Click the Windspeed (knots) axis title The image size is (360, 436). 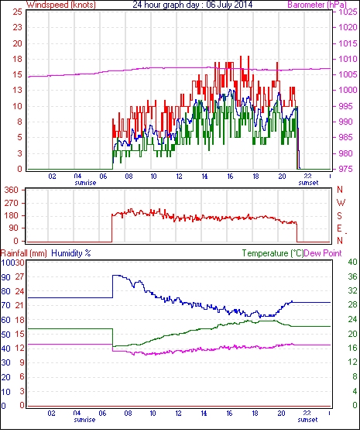click(61, 5)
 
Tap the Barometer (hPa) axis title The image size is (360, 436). click(317, 5)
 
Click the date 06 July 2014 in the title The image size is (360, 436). click(229, 5)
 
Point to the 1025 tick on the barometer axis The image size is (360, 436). click(348, 12)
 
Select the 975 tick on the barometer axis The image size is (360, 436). click(345, 169)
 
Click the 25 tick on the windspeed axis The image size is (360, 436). click(17, 12)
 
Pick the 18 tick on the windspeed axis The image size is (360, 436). click(17, 59)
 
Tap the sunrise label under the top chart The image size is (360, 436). click(85, 183)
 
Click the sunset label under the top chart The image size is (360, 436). click(308, 183)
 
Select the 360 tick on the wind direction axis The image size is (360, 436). click(11, 190)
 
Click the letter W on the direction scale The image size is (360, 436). click(341, 203)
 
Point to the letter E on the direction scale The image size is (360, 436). click(339, 228)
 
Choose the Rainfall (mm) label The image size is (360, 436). click(24, 253)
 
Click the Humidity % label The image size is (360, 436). click(71, 253)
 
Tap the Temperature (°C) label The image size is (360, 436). click(273, 253)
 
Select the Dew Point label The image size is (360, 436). click(323, 253)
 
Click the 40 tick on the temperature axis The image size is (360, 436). click(352, 262)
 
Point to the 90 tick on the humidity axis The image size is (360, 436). click(5, 277)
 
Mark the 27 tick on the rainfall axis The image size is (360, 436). click(19, 276)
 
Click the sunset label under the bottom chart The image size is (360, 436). click(307, 420)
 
